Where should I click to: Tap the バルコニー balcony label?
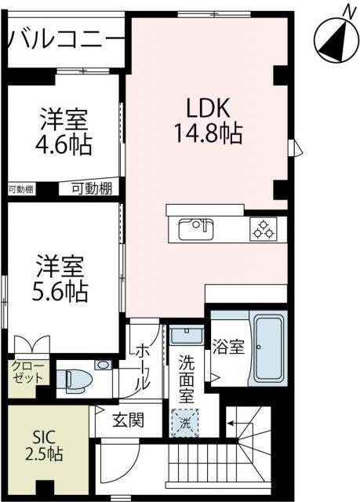pos(67,37)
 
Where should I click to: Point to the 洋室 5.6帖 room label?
pos(60,278)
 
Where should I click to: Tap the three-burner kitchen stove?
pos(263,229)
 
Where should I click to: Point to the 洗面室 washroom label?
pos(187,380)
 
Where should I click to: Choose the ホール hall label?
pos(143,366)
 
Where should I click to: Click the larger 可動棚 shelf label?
pos(91,187)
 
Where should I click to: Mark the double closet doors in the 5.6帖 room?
pos(31,344)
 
